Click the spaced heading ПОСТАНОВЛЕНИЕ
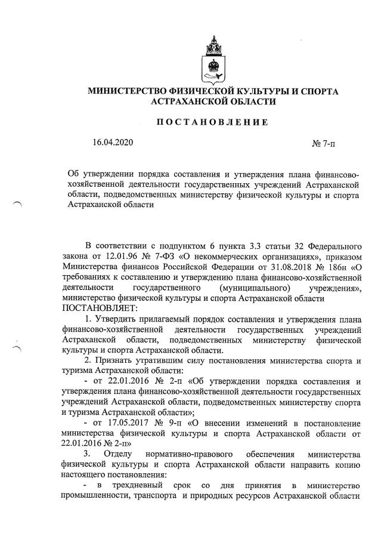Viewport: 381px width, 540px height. pos(212,122)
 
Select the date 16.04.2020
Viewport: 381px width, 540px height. pos(113,143)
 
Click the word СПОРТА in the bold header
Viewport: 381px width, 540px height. pos(317,91)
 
